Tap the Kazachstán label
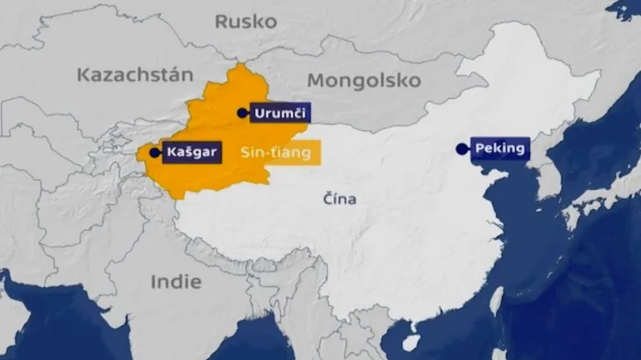coord(135,75)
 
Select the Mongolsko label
coord(364,81)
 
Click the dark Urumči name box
coord(280,114)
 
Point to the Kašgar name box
coord(191,152)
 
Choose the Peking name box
coord(499,148)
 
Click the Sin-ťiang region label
coord(276,153)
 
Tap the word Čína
coord(340,199)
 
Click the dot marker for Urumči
coord(242,114)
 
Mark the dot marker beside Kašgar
coord(154,152)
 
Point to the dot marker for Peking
coord(461,148)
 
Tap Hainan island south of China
coord(410,342)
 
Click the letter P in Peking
coord(479,148)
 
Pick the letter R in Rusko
coord(220,22)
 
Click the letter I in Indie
coord(153,281)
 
